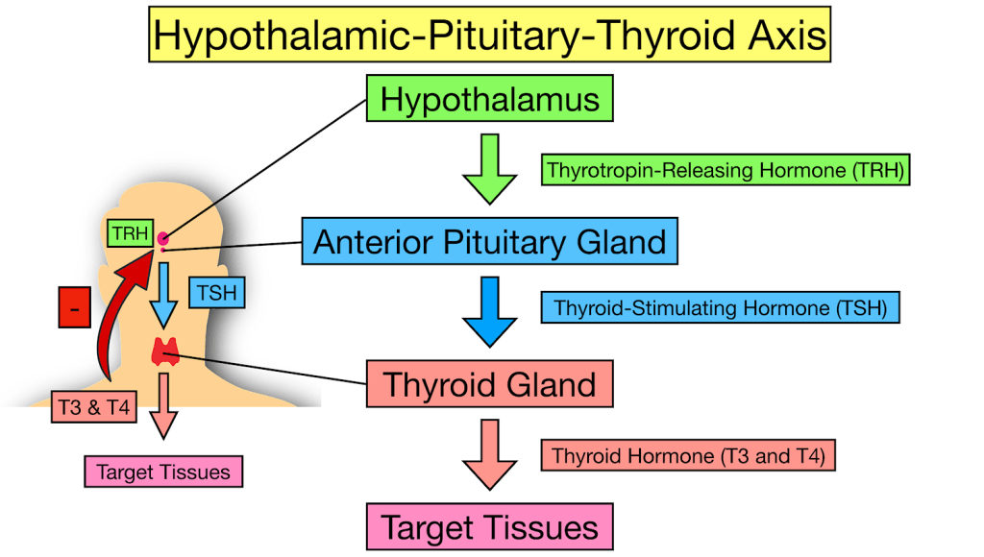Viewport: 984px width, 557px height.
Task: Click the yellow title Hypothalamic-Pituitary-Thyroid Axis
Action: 490,36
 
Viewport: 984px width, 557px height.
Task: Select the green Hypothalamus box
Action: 489,100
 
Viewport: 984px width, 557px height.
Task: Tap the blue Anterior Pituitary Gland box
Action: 490,241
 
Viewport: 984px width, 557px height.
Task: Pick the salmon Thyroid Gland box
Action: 489,384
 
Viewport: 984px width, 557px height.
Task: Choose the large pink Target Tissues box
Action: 489,527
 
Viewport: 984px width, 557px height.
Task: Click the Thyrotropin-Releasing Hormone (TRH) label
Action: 725,171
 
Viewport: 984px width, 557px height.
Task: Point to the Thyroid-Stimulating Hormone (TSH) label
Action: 721,309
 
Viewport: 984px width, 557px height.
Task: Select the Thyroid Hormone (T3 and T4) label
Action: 688,455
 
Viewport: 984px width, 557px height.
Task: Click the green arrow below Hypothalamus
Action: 489,169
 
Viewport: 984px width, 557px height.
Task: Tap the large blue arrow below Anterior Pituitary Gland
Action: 489,311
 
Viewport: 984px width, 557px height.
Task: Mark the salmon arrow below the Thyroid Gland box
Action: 489,454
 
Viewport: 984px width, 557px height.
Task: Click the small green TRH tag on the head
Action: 128,233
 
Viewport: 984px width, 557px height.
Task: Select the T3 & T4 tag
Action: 92,406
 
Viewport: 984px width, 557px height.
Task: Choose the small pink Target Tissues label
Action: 163,472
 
